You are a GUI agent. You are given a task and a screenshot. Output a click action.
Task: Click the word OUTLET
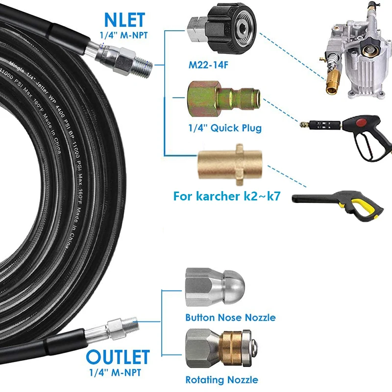(118, 357)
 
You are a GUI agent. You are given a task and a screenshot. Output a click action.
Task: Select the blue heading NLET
(124, 20)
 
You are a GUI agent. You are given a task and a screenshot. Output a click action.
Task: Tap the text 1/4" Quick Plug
(225, 128)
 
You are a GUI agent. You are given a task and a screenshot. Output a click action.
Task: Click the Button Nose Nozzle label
(230, 318)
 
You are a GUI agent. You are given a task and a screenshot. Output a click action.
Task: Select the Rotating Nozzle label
(221, 379)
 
